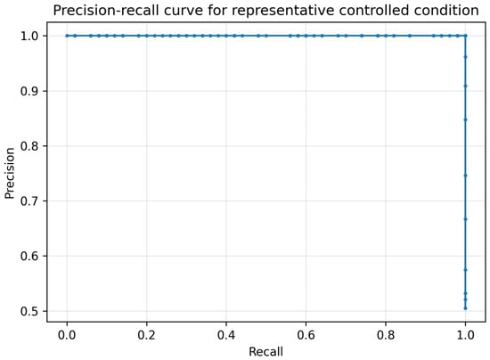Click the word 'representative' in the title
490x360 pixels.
point(283,11)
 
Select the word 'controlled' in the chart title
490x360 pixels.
point(374,11)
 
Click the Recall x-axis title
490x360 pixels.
point(266,352)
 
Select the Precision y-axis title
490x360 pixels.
point(10,173)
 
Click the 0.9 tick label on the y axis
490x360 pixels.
point(29,91)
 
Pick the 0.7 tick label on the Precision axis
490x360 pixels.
point(29,200)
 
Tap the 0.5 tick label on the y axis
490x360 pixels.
point(29,311)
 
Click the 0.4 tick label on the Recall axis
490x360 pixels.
point(226,335)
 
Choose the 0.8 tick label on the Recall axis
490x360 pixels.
point(386,335)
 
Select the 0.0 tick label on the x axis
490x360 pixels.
point(67,335)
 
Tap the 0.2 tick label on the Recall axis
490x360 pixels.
point(147,335)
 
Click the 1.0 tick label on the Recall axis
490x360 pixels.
point(466,335)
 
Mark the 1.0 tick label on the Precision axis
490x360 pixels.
point(29,36)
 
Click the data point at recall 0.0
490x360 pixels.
point(67,36)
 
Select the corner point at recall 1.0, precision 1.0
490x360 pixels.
point(466,36)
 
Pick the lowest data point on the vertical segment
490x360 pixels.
point(466,308)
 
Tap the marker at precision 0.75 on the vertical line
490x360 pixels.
point(466,176)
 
